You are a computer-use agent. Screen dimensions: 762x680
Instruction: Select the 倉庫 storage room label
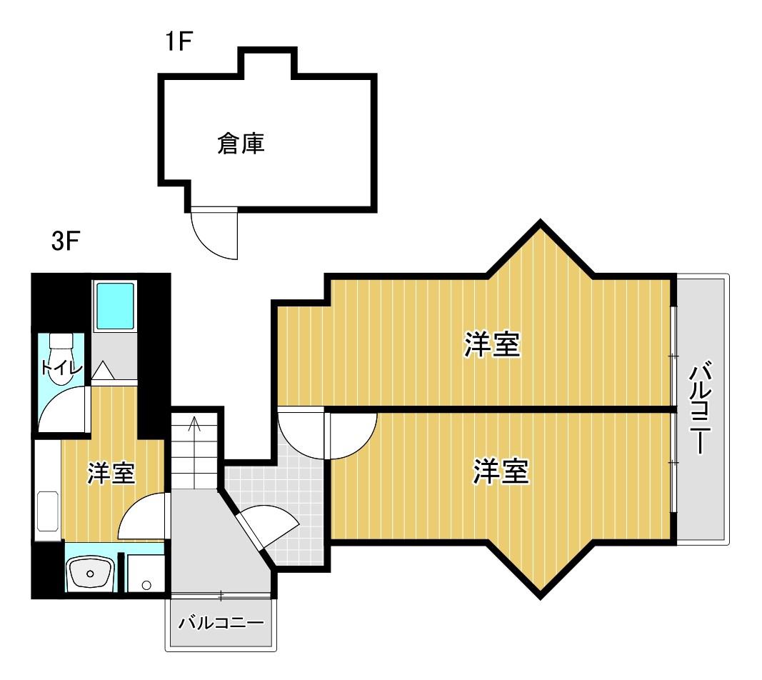pyautogui.click(x=241, y=144)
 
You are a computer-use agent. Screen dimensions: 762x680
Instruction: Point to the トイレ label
pyautogui.click(x=61, y=368)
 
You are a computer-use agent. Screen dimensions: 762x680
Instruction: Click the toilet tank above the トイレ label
pyautogui.click(x=61, y=340)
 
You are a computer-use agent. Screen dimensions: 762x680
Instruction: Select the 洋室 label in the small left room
pyautogui.click(x=111, y=473)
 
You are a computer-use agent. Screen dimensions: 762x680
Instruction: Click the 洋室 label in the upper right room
pyautogui.click(x=492, y=344)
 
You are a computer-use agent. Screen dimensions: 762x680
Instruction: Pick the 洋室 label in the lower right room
pyautogui.click(x=501, y=471)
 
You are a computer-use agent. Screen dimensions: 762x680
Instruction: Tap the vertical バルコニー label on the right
pyautogui.click(x=701, y=407)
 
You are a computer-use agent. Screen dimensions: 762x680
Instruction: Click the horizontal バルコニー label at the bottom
pyautogui.click(x=221, y=623)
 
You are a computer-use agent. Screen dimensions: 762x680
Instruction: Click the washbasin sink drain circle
pyautogui.click(x=91, y=574)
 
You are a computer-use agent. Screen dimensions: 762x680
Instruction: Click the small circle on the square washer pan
pyautogui.click(x=147, y=585)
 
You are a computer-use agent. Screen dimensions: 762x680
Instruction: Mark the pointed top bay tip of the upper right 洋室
pyautogui.click(x=541, y=222)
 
